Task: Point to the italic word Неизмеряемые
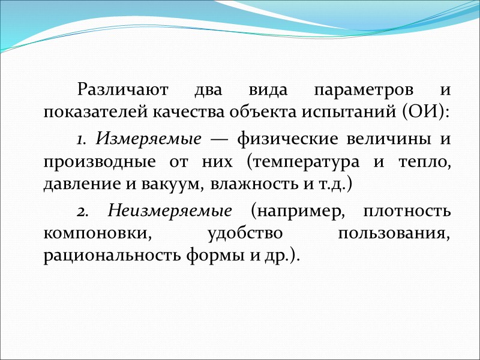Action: [170, 212]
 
